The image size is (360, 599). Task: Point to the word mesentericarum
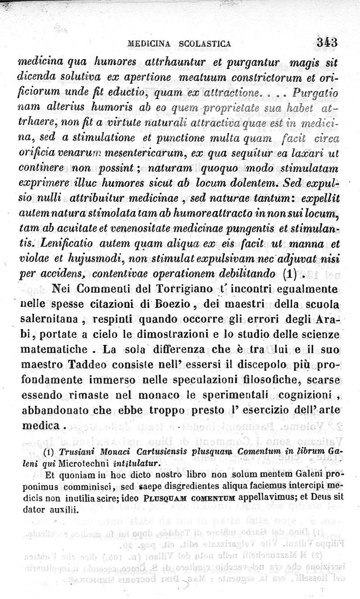(143, 155)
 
